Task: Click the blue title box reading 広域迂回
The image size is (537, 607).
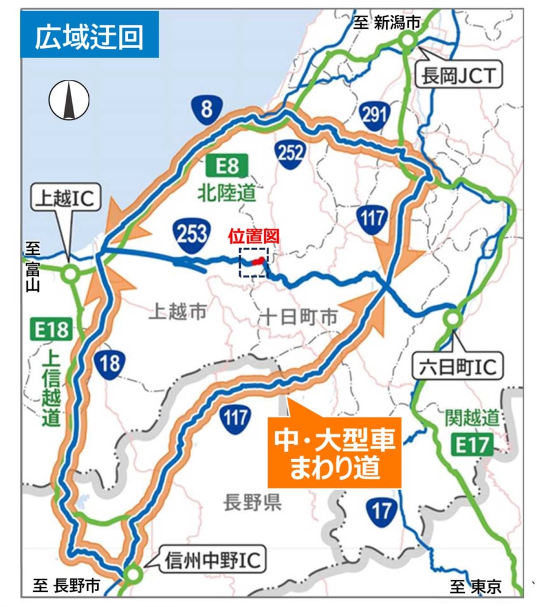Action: click(x=89, y=37)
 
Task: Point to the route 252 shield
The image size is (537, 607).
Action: click(x=290, y=153)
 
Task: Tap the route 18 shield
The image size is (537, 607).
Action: click(x=110, y=363)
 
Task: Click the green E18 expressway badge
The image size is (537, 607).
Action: click(x=52, y=330)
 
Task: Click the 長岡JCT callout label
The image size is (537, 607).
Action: click(x=459, y=76)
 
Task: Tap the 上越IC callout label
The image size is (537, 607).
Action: click(x=66, y=200)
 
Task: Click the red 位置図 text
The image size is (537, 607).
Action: click(x=254, y=236)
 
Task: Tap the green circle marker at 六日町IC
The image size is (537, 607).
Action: click(x=453, y=319)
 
